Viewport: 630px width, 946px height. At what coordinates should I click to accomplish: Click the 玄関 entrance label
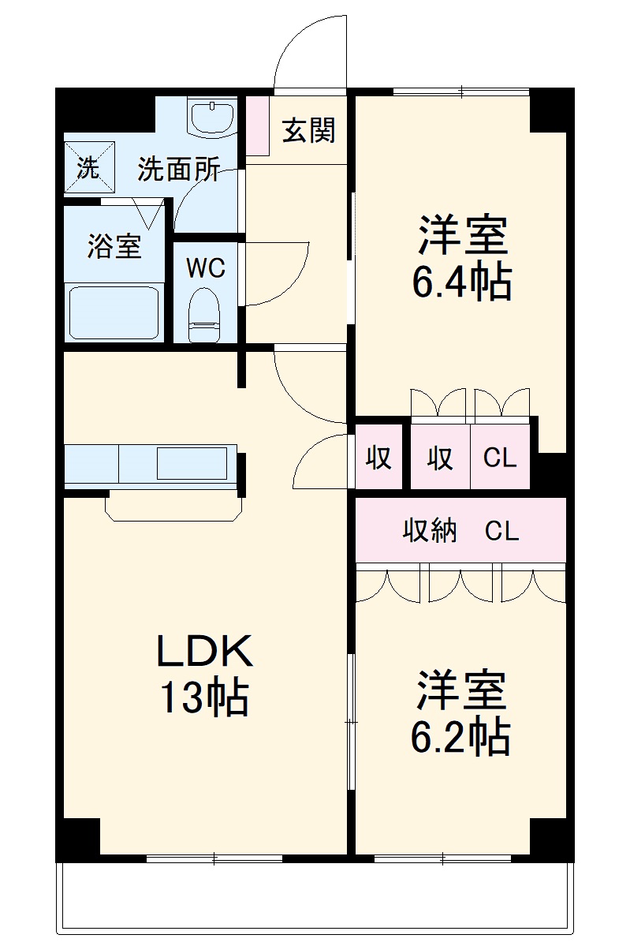[x=309, y=131]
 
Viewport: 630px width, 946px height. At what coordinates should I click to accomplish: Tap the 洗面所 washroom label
[x=178, y=169]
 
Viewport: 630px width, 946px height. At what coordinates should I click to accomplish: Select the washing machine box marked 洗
[x=88, y=167]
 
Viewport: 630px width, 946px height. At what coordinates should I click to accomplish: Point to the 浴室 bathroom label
[x=114, y=247]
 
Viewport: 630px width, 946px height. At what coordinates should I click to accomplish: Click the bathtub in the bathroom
[x=114, y=312]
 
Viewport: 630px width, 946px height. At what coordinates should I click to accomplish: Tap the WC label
[x=205, y=268]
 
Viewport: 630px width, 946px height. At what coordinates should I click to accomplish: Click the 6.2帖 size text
[x=460, y=736]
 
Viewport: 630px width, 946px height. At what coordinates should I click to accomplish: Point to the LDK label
[x=204, y=652]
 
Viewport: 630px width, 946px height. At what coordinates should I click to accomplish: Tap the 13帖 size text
[x=204, y=697]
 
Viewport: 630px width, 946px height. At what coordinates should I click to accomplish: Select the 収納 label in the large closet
[x=430, y=531]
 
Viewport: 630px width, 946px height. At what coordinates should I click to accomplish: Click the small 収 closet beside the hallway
[x=378, y=458]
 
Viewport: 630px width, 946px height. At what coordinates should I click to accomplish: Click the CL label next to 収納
[x=501, y=531]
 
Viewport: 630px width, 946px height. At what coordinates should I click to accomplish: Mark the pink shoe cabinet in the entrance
[x=257, y=126]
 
